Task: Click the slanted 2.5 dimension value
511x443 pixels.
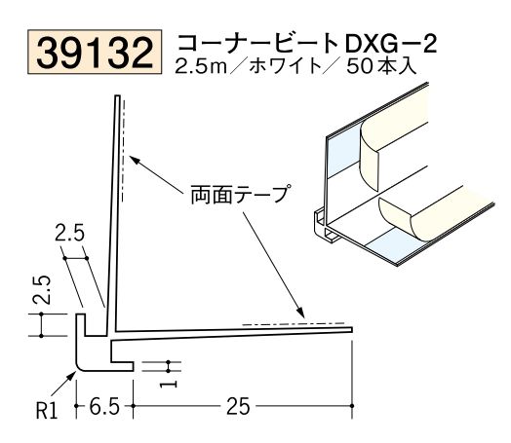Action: [70, 235]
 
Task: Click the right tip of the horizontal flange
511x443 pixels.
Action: [350, 332]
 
